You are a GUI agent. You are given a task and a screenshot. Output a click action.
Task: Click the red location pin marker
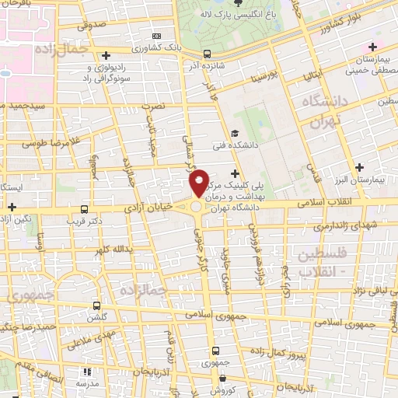pos(199,182)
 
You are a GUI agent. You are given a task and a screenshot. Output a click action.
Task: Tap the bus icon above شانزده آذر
pos(207,54)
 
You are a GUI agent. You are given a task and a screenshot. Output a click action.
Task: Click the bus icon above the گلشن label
pos(96,305)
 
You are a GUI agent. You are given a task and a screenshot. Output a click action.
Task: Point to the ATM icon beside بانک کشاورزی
pos(158,36)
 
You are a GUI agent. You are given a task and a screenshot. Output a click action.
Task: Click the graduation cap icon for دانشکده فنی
pos(235,133)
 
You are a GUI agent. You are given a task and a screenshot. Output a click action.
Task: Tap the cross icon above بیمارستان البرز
pos(358,167)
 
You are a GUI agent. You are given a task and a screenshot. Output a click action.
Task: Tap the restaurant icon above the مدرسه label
pos(82,372)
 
